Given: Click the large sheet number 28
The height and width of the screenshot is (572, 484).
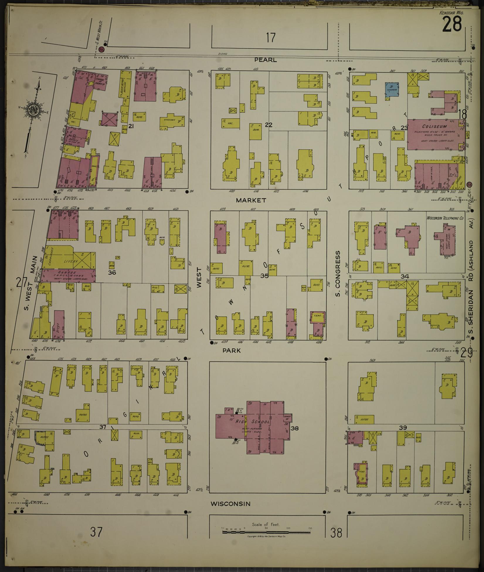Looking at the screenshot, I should (452, 24).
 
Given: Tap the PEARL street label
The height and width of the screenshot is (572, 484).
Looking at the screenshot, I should (265, 60).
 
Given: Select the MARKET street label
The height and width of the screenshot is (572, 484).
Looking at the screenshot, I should (251, 200).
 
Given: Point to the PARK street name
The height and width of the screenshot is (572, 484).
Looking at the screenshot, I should (231, 350).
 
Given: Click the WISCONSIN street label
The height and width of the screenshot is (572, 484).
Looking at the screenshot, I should (231, 504).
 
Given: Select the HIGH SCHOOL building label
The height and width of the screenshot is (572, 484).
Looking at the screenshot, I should (253, 422).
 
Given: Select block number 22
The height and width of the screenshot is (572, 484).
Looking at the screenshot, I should (269, 125).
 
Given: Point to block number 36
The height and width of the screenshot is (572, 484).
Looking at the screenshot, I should (112, 272).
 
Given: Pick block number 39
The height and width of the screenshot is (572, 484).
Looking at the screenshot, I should (403, 428).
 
